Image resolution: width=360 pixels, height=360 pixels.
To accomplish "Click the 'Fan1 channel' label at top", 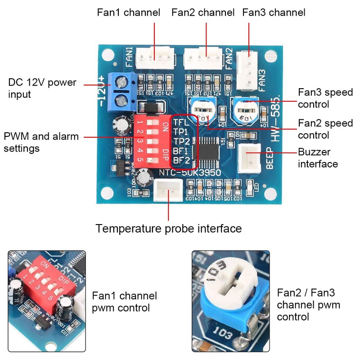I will pos(128,12).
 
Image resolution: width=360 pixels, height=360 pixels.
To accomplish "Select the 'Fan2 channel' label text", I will pos(203,12).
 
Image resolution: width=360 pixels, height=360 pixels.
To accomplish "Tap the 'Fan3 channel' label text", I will pos(274,12).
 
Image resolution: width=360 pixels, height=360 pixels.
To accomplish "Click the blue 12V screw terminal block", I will pos(121,92).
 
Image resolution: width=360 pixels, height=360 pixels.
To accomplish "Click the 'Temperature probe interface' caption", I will pos(168,229).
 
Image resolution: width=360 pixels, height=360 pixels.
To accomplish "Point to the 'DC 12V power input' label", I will pos(42,88).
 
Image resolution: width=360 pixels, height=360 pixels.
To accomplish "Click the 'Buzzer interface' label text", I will pos(318,158).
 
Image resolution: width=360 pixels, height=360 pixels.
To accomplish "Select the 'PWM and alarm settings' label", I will pos(41,142).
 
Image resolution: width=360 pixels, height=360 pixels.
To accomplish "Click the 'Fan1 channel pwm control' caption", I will pos(125,302).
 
